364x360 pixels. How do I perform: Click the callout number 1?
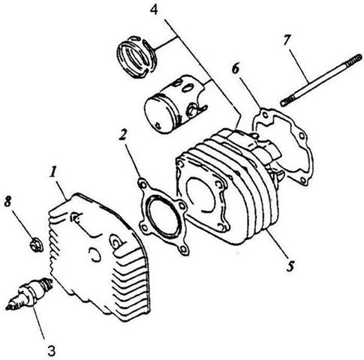[53, 172]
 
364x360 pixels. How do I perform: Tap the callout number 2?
[122, 135]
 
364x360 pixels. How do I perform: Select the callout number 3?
[51, 350]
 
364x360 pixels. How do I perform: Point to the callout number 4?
[154, 10]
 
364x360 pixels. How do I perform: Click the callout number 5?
[290, 265]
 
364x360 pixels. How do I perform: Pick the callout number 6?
[236, 68]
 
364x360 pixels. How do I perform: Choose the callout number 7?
[287, 40]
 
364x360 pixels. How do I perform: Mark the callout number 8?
[8, 201]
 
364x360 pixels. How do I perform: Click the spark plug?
[29, 294]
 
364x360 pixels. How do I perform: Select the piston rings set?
[137, 57]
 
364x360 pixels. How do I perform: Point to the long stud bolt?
[321, 80]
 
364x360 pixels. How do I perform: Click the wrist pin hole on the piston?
[192, 110]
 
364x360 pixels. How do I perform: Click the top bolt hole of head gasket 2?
[143, 185]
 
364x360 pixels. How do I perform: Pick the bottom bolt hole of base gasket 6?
[303, 180]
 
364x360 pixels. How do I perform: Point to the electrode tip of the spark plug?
[8, 307]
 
